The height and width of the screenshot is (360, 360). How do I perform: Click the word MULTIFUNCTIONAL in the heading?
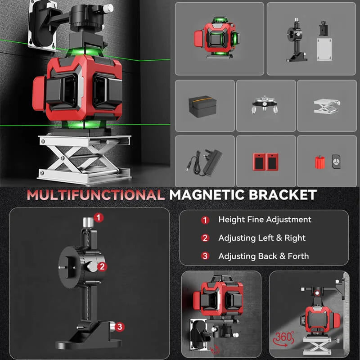pos(95,195)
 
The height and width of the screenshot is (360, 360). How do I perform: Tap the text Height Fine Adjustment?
pos(265,220)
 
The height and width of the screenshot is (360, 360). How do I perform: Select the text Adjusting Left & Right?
pos(262,238)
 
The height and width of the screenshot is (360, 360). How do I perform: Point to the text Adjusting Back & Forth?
pos(264,256)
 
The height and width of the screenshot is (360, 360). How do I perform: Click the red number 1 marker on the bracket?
pos(99,217)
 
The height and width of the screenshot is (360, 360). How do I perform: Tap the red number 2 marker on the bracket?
pos(102,266)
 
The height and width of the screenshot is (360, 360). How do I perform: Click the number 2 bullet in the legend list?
pos(205,238)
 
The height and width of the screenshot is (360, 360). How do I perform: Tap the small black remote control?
pos(335,161)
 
